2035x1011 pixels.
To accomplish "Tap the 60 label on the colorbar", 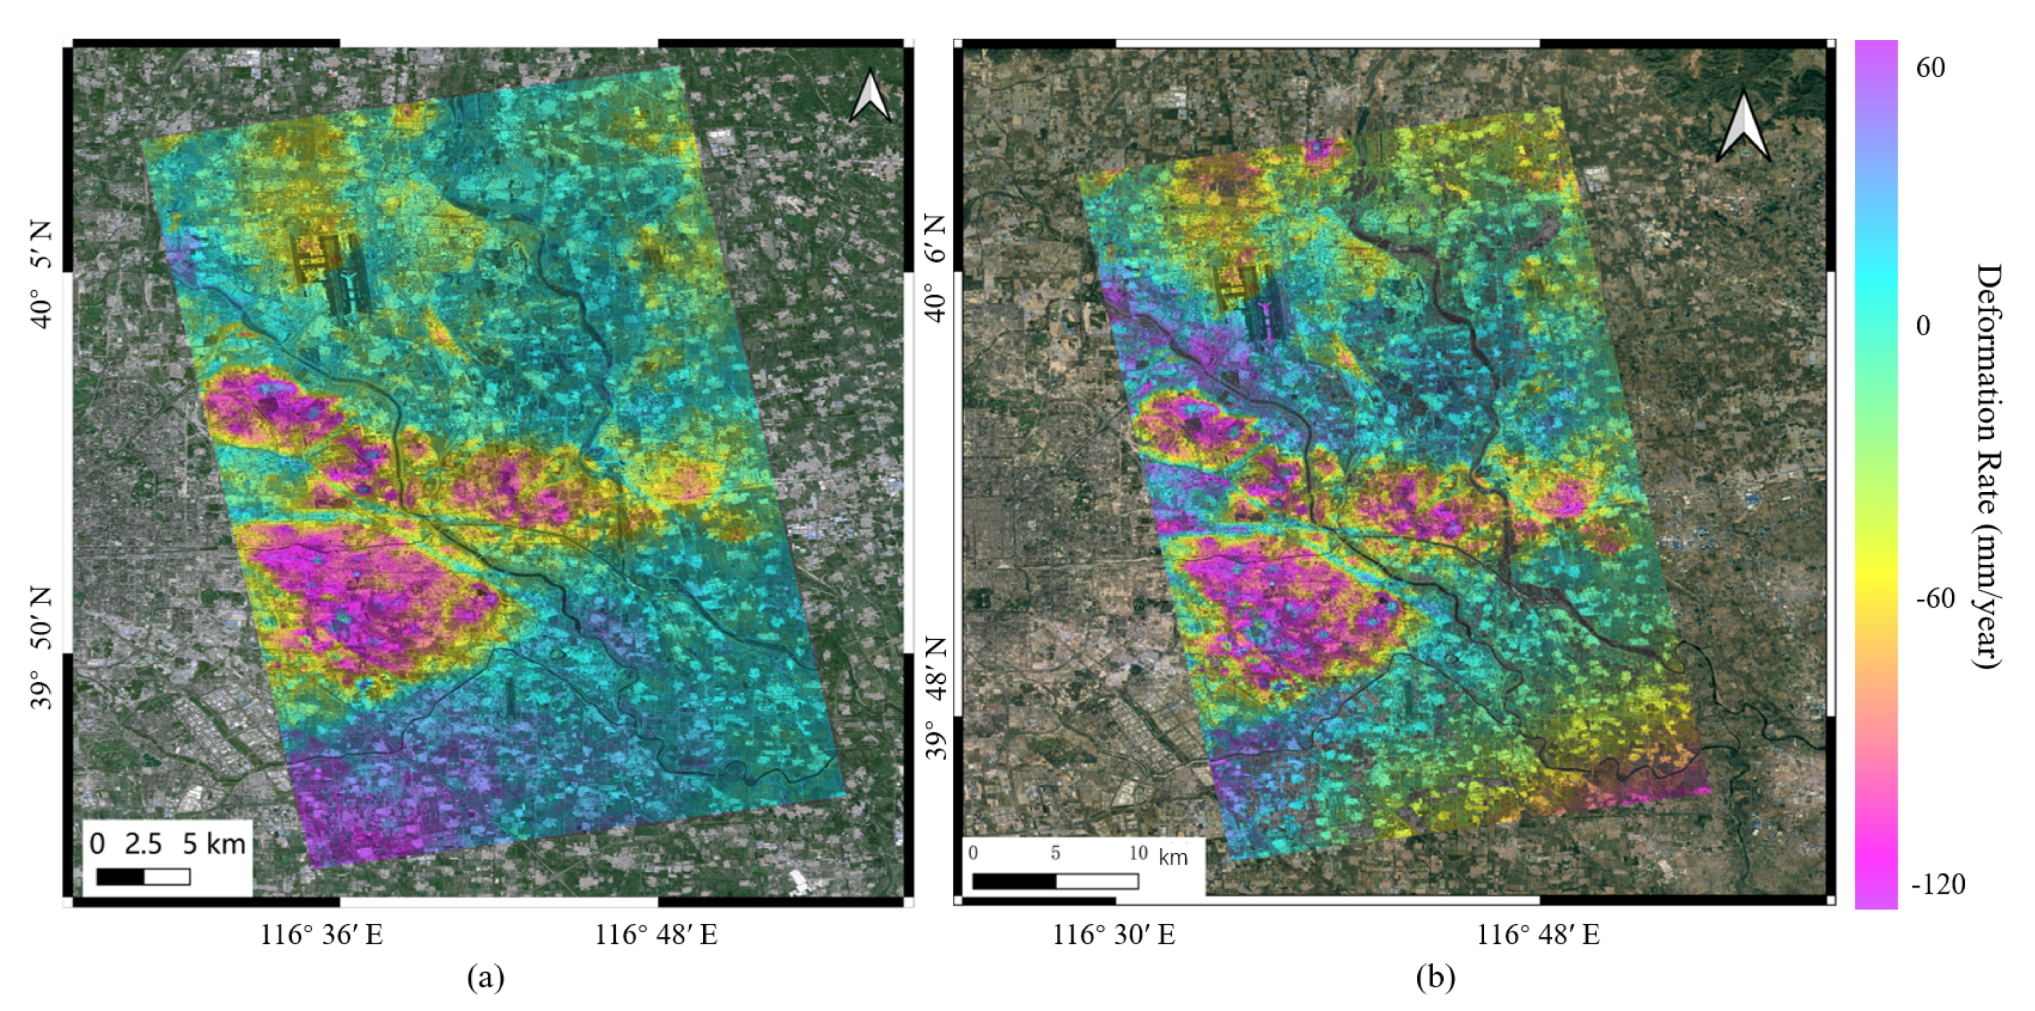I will coord(1930,68).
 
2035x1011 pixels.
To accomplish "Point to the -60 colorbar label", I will coord(1934,599).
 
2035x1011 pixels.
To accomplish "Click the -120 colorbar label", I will coord(1938,884).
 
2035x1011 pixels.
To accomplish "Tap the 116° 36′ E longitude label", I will coord(322,935).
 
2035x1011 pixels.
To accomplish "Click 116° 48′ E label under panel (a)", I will coord(656,935).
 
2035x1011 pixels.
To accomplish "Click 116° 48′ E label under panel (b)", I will coord(1538,935).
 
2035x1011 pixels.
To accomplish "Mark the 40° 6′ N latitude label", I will coord(935,268).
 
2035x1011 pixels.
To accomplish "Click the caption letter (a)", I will coord(485,978).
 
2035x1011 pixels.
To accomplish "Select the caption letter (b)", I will coord(1435,978).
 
